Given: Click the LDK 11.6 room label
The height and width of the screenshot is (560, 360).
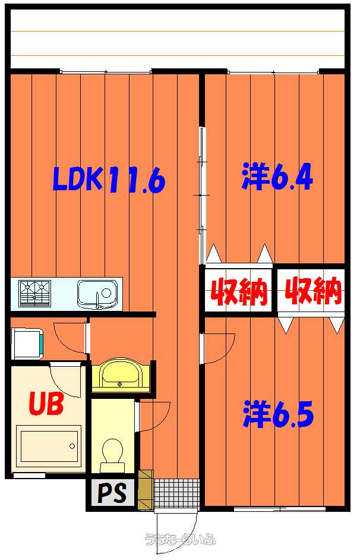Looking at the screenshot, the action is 109,180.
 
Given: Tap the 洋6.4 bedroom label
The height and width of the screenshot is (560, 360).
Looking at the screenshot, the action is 277,176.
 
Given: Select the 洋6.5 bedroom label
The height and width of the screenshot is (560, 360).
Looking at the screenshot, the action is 278,414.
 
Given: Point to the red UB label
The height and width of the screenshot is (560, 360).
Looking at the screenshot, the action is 46,403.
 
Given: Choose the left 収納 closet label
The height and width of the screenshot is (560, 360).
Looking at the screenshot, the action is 238,292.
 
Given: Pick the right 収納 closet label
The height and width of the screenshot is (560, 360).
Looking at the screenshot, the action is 313,291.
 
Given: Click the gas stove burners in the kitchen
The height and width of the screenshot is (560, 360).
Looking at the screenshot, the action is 34,294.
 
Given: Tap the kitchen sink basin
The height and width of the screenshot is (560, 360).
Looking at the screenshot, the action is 98,294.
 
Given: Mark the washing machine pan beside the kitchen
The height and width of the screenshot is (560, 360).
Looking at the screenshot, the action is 28,343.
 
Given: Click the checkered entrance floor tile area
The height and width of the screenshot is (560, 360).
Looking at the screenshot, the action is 176,493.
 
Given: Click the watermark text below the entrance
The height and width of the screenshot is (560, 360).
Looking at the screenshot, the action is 180,539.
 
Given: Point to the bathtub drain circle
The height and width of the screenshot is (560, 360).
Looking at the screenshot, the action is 72,446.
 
